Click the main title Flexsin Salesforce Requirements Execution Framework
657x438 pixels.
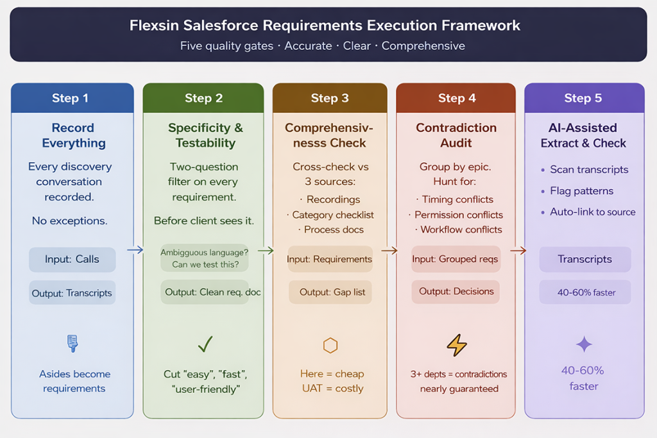325,26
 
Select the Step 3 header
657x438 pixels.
330,98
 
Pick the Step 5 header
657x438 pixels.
583,98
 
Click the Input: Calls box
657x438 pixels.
72,259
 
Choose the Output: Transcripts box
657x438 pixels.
72,293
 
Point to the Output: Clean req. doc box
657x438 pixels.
212,292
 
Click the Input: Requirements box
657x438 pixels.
330,259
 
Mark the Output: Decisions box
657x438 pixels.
456,291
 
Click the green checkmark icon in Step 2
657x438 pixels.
205,345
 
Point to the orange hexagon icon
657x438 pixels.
330,346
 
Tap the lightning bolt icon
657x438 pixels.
456,345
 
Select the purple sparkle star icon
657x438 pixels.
584,344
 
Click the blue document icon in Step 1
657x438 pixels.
73,344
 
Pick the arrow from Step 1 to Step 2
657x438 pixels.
135,250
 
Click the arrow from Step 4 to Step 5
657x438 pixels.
518,250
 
